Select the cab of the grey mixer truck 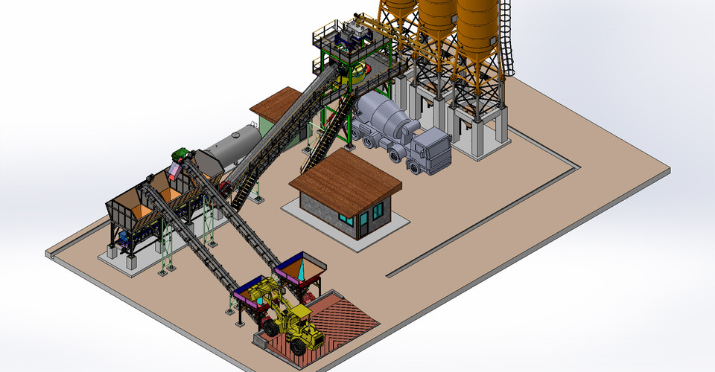tap(431, 151)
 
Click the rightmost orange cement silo tap(477, 30)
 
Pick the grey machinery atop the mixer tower tap(355, 33)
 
